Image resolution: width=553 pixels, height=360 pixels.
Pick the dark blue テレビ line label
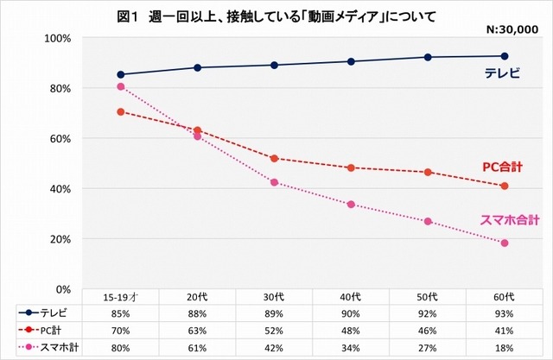tap(501, 74)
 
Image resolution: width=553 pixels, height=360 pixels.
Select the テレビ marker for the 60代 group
tap(504, 56)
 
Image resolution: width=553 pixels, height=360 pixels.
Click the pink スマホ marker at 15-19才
tap(121, 86)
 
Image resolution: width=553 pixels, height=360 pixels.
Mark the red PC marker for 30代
tap(274, 159)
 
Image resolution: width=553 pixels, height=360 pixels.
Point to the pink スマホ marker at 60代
tap(504, 243)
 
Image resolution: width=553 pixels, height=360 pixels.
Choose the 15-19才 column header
tap(121, 297)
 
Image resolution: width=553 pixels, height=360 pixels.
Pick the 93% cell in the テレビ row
tap(504, 313)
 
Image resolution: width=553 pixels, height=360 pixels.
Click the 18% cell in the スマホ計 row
tap(504, 345)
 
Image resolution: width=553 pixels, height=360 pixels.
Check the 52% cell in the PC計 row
tap(274, 329)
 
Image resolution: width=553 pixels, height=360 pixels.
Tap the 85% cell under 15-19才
tap(121, 313)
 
